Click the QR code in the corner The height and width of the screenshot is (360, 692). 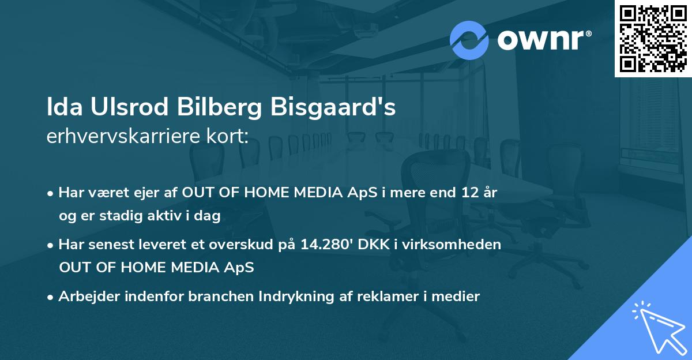[x=653, y=39]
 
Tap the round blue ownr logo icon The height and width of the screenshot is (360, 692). [x=469, y=40]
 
